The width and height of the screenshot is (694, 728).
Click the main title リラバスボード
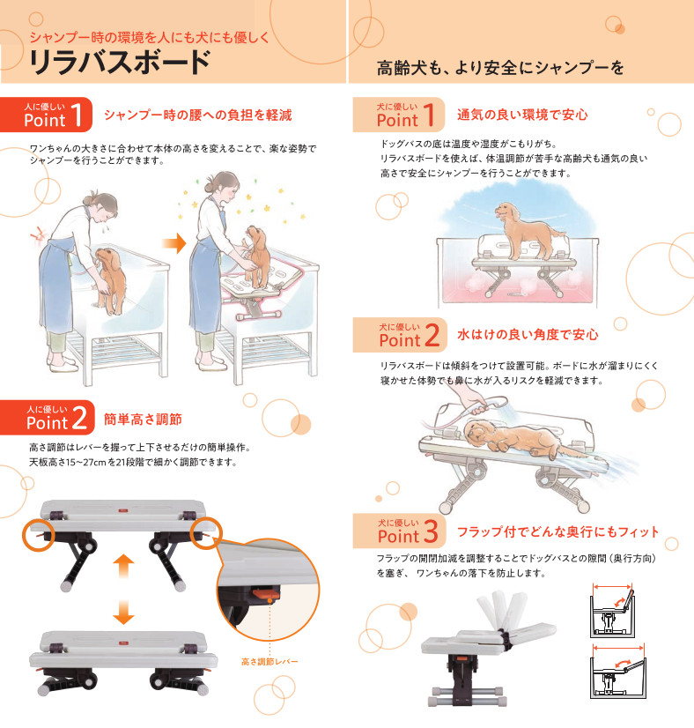tap(120, 63)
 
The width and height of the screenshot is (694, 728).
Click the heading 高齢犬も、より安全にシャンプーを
tap(500, 68)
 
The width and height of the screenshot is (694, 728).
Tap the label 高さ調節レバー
tap(269, 661)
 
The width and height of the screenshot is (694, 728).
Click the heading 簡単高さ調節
tap(143, 420)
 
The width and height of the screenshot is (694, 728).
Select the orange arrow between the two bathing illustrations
tap(174, 243)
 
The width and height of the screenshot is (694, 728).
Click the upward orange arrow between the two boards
tap(123, 566)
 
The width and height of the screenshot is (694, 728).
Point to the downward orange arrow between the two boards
tap(123, 612)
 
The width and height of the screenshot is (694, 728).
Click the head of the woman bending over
tap(103, 206)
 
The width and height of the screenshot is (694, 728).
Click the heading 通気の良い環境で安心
tap(522, 115)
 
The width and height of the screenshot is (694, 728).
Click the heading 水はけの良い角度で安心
tap(528, 334)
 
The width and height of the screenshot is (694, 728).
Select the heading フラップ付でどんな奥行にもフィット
tap(557, 532)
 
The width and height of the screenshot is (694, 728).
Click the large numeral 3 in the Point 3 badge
tap(431, 531)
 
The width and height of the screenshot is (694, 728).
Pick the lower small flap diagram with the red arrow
tap(618, 671)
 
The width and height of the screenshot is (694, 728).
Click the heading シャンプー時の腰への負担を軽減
tap(198, 115)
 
